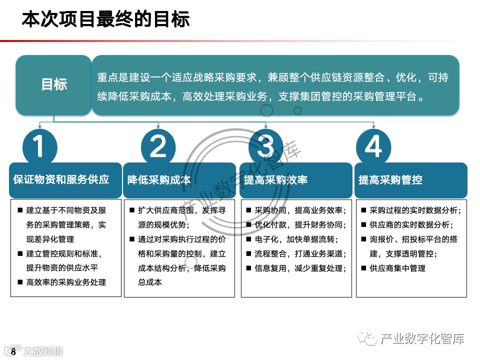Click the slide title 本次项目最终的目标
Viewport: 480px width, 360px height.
[105, 20]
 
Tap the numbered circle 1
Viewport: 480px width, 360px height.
[40, 147]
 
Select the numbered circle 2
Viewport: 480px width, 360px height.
[158, 147]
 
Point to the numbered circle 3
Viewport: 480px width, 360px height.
[265, 147]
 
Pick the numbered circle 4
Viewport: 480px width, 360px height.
[373, 147]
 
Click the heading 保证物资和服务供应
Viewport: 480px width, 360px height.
[61, 179]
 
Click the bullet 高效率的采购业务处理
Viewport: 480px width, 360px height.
[66, 282]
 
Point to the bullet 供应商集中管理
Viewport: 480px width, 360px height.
[397, 268]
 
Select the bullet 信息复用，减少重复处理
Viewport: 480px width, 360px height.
[300, 268]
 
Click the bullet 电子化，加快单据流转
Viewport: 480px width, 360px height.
[296, 239]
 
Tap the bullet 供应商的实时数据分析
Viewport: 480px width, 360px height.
[411, 225]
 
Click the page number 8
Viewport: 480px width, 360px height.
[13, 352]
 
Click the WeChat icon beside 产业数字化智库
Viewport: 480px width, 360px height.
[370, 339]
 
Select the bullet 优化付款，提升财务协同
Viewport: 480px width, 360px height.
[300, 225]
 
